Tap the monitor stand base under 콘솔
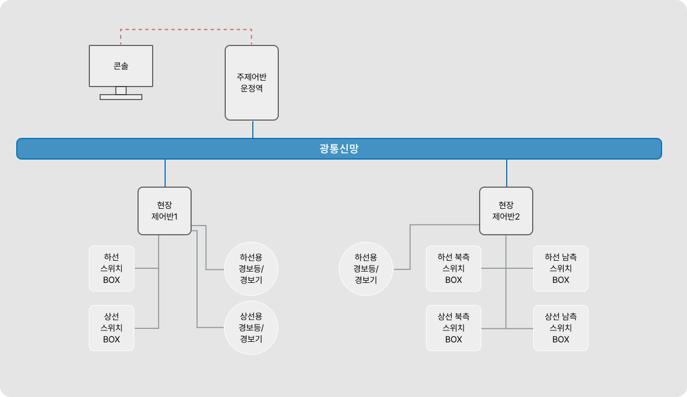[x=121, y=97]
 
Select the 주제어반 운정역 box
[x=252, y=82]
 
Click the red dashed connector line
[x=186, y=29]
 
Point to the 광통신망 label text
[x=339, y=149]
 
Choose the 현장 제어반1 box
[x=165, y=211]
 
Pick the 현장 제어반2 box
[x=506, y=211]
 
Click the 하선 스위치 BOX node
[x=112, y=268]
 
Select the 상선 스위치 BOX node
[x=112, y=328]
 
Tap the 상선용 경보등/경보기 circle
[x=251, y=328]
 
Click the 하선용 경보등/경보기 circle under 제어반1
[x=251, y=268]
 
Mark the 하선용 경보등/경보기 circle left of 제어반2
[x=366, y=268]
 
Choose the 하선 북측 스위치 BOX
[x=454, y=268]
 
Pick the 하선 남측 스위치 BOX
[x=561, y=268]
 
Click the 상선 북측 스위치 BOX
[x=454, y=328]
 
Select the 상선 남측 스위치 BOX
[x=561, y=328]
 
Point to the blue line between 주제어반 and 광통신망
[x=253, y=129]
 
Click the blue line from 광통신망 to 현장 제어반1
[x=165, y=173]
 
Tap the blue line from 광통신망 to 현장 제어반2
[x=507, y=173]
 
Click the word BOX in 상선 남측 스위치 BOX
[x=561, y=340]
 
